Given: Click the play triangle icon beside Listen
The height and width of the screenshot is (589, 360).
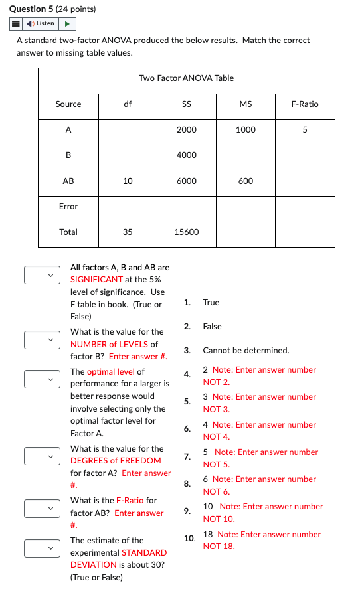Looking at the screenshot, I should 68,24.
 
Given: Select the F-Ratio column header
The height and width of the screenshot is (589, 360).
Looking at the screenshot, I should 304,104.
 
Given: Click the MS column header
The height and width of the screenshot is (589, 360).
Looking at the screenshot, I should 245,104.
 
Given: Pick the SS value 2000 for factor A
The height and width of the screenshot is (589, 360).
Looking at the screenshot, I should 187,130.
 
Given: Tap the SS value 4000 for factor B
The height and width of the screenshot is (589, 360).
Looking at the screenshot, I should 187,155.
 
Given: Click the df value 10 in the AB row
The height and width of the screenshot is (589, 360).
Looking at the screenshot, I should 128,181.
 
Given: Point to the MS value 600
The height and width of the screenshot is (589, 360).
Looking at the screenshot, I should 245,181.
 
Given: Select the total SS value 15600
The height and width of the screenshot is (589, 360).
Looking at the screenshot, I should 187,232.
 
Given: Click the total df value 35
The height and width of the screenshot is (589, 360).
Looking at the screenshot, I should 128,232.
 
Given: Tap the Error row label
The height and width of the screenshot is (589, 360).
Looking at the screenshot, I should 68,207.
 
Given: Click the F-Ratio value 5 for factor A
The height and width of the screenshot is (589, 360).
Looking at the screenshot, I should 304,130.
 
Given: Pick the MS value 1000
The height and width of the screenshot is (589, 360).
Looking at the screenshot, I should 245,130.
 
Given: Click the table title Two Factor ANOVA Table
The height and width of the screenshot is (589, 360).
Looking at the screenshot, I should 186,78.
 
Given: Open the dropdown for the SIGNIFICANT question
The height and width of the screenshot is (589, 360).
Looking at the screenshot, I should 39,274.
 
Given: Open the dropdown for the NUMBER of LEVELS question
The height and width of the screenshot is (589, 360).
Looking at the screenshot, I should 39,340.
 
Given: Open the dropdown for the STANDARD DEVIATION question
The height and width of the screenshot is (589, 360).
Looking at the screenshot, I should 39,548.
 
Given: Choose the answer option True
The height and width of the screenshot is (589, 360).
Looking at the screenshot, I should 211,303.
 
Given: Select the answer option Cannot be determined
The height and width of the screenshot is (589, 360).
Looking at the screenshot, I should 246,351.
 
